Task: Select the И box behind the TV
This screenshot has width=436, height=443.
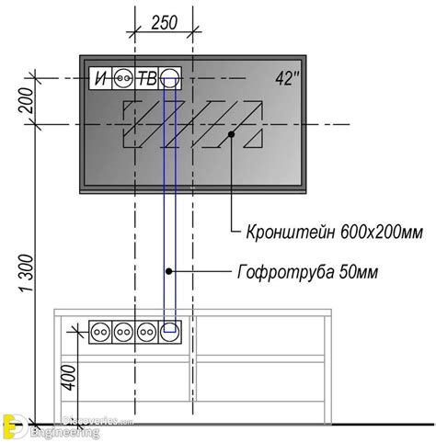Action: [100, 79]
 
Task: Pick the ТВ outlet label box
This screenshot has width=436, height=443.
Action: [146, 79]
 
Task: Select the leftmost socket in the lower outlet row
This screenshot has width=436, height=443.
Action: [100, 328]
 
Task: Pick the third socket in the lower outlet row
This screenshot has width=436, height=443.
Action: [146, 328]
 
